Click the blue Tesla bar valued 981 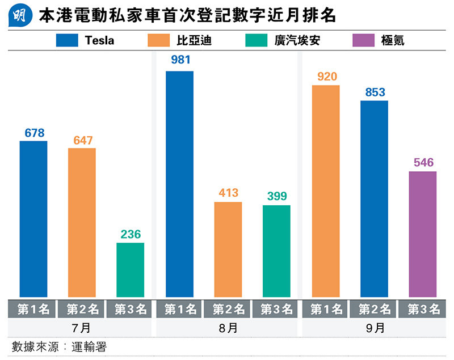(179, 184)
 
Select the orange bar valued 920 (325, 191)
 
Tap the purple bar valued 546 (423, 234)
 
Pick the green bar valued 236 (131, 269)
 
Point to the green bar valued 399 (276, 251)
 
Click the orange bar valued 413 (228, 249)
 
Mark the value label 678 (34, 133)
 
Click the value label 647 (82, 141)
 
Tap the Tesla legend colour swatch (66, 40)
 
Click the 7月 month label (82, 328)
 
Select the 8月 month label (228, 328)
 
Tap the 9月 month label (374, 328)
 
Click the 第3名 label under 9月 (423, 309)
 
